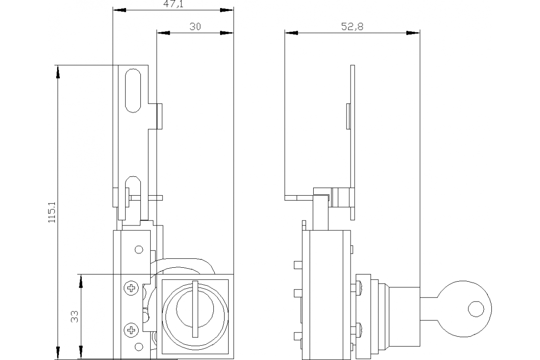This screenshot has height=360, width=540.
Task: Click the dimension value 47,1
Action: (173, 4)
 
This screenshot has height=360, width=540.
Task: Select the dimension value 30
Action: (195, 27)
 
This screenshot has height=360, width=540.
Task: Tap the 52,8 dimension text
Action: (352, 27)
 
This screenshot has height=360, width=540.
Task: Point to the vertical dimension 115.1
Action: (51, 212)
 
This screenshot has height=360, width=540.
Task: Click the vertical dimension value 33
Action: (75, 316)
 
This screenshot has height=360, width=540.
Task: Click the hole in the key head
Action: (476, 309)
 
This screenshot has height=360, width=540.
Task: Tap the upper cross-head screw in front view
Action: (131, 288)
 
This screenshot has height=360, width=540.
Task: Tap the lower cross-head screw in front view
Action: (131, 331)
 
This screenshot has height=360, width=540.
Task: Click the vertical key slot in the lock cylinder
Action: (194, 308)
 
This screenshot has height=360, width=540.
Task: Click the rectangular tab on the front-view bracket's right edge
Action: (159, 116)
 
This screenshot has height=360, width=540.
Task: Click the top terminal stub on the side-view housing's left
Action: (297, 265)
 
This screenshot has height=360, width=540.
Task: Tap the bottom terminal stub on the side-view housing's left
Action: (297, 336)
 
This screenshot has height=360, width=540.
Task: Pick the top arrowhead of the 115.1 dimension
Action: (57, 72)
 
